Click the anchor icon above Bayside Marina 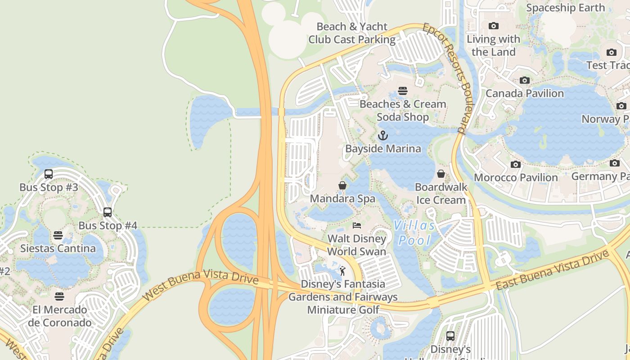(382, 135)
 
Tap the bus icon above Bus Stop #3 (49, 174)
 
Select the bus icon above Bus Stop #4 (108, 212)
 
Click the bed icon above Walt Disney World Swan (357, 225)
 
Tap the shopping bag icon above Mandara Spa (342, 185)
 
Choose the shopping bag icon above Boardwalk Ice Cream (441, 174)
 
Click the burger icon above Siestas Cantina (58, 235)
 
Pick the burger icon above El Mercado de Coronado (59, 297)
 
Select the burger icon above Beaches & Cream (403, 91)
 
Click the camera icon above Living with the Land (493, 26)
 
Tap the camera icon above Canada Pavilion (524, 81)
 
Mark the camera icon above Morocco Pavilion (516, 165)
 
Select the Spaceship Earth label (565, 8)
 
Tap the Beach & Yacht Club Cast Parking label (352, 33)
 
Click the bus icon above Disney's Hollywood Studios (450, 336)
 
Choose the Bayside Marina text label (383, 148)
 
